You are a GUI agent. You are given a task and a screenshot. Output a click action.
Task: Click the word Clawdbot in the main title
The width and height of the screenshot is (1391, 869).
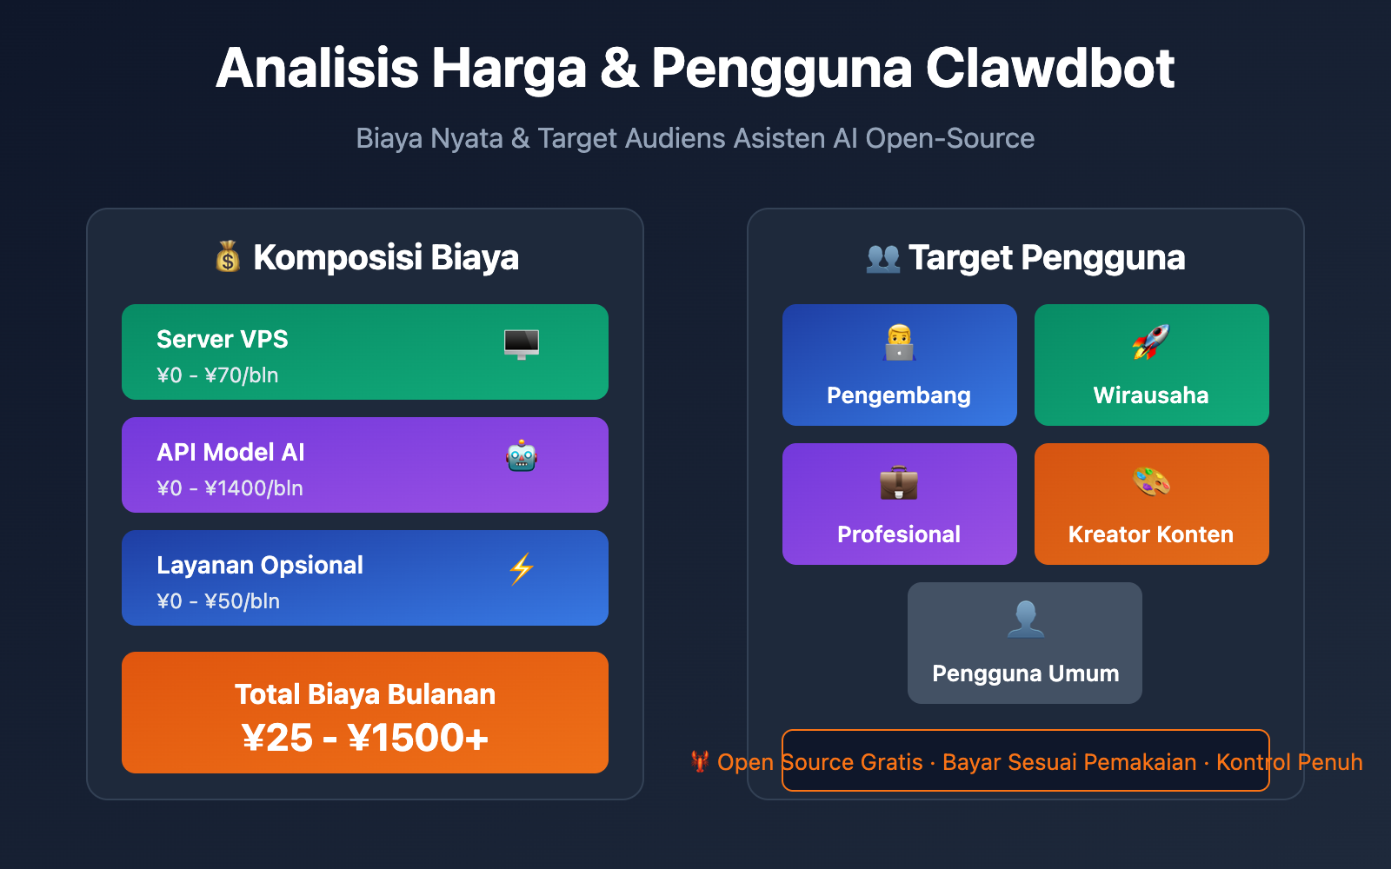coord(1049,69)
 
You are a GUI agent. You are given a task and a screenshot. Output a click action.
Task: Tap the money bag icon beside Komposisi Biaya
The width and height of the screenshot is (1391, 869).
coord(228,257)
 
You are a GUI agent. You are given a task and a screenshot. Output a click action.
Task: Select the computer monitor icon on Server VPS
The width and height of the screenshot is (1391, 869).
coord(522,344)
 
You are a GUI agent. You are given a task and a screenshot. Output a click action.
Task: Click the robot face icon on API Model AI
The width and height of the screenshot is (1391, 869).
coord(522,456)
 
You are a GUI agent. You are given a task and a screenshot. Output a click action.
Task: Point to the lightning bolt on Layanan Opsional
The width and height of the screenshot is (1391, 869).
coord(522,569)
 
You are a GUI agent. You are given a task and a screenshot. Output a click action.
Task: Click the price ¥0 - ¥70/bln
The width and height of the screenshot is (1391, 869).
coord(217,375)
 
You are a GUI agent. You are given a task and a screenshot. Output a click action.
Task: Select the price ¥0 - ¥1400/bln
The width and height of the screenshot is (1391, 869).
coord(230,488)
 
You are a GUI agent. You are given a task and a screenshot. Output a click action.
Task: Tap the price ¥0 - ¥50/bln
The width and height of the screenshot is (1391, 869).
coord(218,601)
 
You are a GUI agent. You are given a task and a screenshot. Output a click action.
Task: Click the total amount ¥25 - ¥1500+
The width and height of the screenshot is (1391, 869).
coord(365,738)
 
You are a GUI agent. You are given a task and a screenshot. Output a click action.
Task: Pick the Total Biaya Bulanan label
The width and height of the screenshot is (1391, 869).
coord(365,694)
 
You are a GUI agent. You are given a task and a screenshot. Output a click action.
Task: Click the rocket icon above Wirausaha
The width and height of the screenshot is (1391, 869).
coord(1151,342)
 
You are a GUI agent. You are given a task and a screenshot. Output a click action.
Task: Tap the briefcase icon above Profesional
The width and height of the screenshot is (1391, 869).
coord(899,482)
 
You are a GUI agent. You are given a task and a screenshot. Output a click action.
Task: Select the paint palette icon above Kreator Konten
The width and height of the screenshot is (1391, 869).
coord(1151,481)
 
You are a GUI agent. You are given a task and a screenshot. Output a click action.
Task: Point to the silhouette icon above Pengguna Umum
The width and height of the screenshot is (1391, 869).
coord(1025,620)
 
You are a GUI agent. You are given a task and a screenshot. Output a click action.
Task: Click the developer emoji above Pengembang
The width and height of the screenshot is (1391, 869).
coord(899,343)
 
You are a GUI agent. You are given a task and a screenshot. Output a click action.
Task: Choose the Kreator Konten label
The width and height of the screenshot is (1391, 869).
coord(1151,534)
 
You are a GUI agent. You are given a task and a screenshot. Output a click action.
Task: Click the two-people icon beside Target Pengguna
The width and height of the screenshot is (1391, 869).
coord(883,258)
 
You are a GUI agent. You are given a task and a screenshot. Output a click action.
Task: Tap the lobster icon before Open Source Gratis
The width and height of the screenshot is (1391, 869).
coord(700,761)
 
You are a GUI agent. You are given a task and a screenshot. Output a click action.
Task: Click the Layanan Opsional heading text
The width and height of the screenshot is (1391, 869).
coord(259,565)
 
